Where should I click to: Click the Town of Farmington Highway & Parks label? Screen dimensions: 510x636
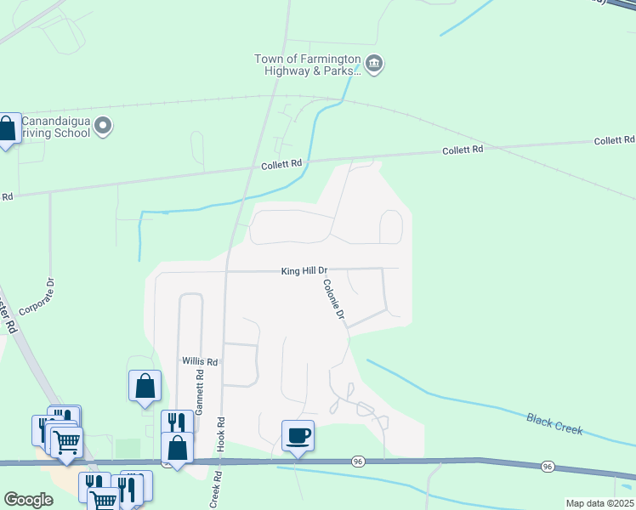point(307,65)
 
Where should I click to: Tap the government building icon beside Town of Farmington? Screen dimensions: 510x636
point(375,64)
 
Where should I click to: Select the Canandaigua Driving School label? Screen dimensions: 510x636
point(56,127)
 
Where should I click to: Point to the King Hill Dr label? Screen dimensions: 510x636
point(304,271)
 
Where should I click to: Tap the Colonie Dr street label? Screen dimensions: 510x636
point(333,300)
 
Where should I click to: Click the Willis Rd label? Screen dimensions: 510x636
point(200,361)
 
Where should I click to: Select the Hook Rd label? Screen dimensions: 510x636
point(219,433)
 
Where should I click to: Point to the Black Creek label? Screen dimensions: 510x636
point(554,424)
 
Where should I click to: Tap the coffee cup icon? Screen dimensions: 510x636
point(298,436)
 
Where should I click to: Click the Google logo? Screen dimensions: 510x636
point(29,500)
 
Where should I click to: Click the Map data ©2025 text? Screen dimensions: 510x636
point(599,503)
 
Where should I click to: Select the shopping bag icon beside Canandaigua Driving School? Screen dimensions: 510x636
point(7,130)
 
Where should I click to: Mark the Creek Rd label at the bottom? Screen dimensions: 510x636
point(213,490)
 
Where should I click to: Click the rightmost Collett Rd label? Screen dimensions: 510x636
point(614,140)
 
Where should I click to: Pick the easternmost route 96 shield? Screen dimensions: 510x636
point(548,467)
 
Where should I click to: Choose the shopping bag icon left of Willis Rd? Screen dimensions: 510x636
point(145,386)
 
